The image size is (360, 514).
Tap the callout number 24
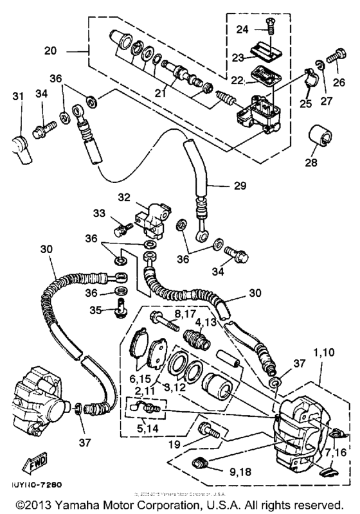[x=242, y=28]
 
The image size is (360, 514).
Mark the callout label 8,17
[x=184, y=313]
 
